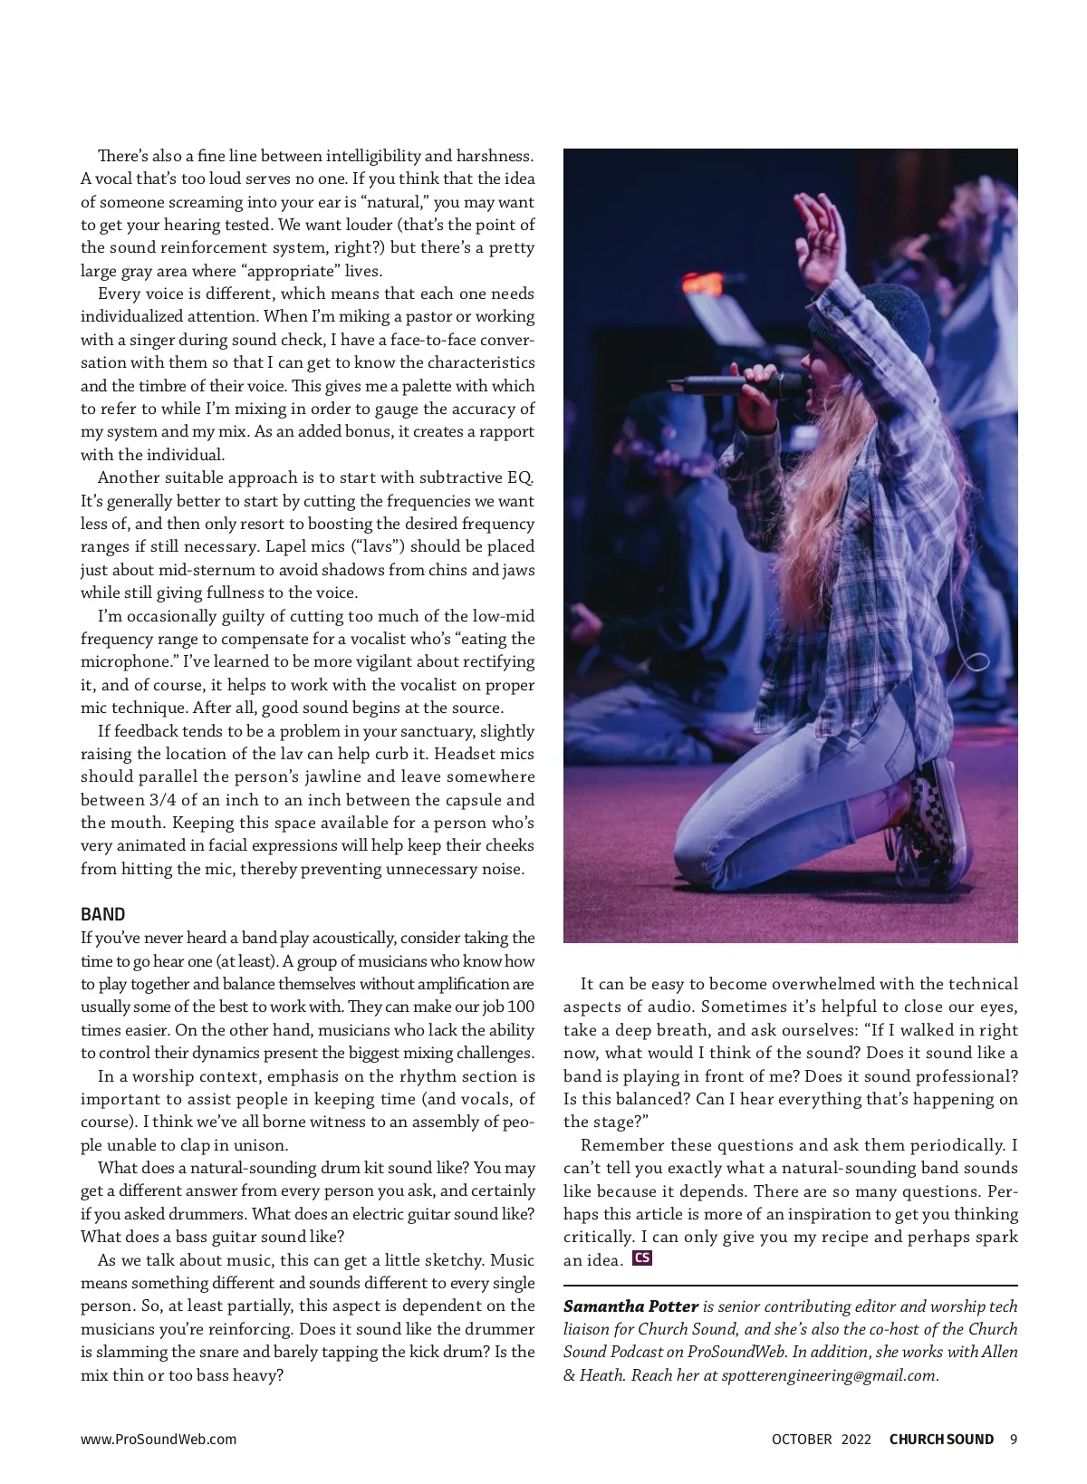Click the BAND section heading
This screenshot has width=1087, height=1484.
(103, 914)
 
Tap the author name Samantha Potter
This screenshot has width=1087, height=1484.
(630, 1306)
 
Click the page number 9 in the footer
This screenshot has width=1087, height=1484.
(1013, 1440)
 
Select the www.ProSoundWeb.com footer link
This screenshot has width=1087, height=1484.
(159, 1440)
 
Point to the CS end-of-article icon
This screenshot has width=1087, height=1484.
(642, 1258)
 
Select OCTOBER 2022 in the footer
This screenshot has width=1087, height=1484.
(821, 1440)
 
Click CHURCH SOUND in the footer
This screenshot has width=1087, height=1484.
(941, 1440)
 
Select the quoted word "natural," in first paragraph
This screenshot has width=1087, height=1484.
(393, 202)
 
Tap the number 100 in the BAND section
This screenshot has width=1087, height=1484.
(520, 1007)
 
